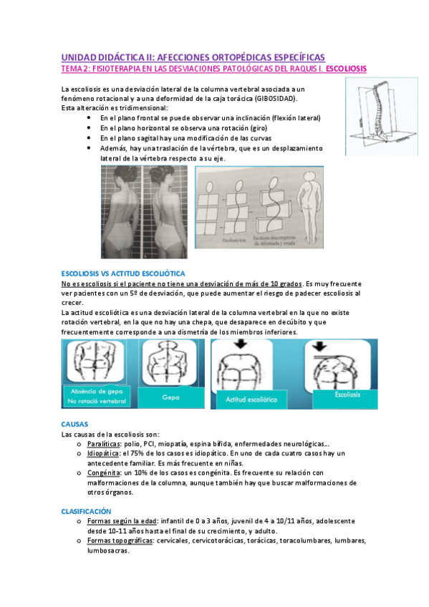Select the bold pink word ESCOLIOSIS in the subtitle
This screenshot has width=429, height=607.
point(346,69)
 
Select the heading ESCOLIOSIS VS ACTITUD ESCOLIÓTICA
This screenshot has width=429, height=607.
point(123,273)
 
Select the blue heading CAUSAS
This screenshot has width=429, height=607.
point(75,424)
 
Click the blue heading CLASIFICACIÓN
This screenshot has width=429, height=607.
point(87,511)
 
